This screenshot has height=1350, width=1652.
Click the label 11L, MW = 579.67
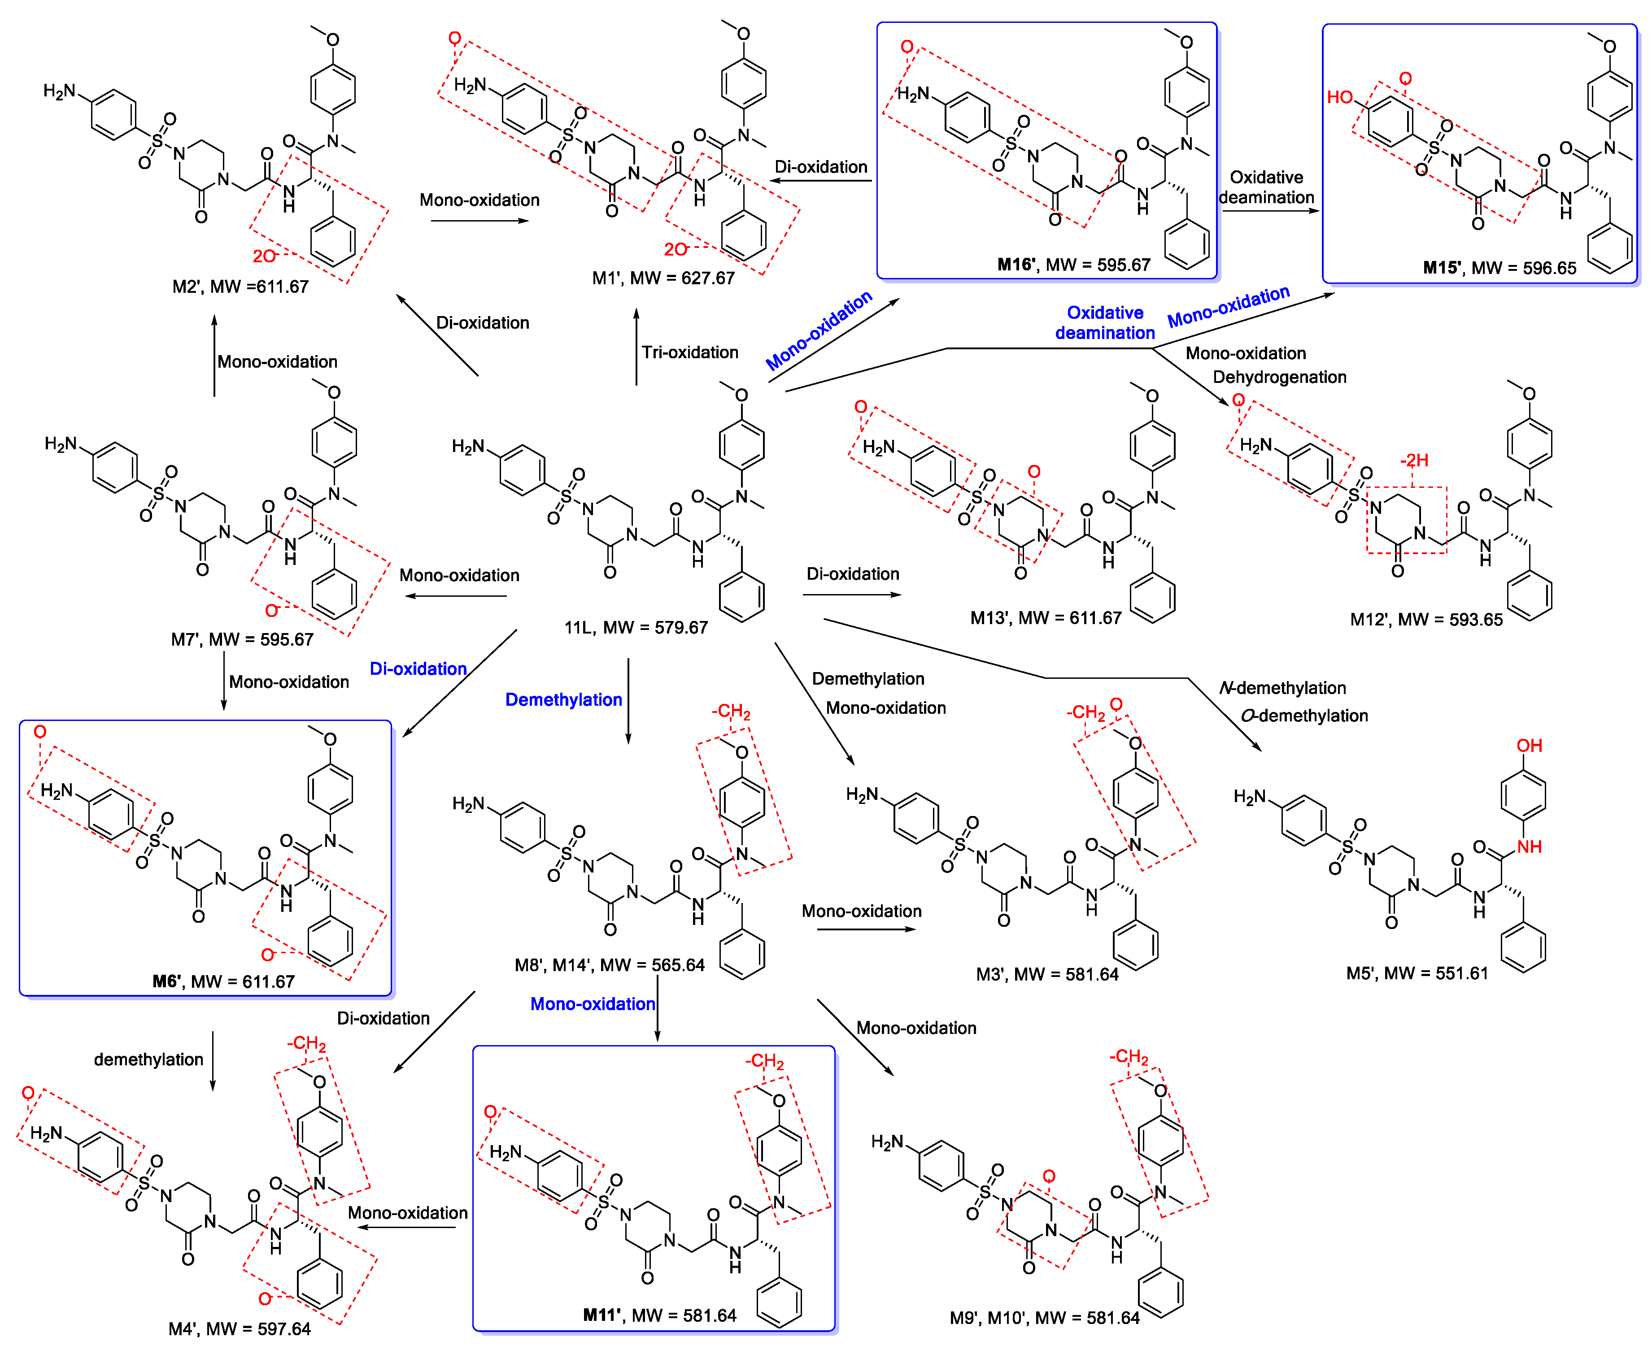[636, 628]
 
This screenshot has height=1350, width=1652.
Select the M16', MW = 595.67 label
[1073, 265]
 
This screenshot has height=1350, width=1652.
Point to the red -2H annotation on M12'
[1414, 460]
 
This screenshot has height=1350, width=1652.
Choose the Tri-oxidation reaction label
[689, 352]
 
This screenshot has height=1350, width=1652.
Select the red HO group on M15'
[1340, 97]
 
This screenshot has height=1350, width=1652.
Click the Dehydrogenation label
[1279, 377]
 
